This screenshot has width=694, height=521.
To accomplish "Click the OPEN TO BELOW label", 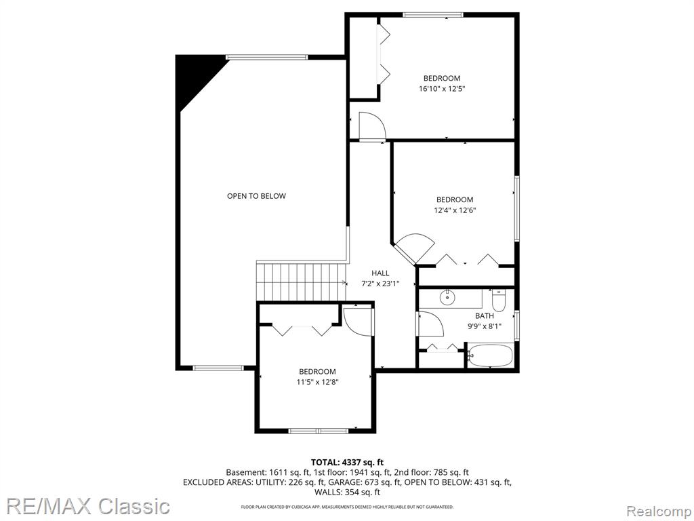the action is tap(256, 196).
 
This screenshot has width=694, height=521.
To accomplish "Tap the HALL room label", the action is tap(380, 273).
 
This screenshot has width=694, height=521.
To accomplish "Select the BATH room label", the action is tap(484, 316).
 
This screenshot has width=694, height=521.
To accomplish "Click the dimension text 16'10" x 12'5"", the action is tap(442, 89).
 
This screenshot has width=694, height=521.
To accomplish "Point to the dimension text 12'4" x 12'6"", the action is tap(455, 210).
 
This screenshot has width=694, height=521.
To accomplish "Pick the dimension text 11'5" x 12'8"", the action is tap(317, 382).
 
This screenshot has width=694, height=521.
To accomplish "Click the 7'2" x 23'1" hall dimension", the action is tap(380, 284).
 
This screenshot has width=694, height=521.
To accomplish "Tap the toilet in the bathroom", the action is tap(499, 301).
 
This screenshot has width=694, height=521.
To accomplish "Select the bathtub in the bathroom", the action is tap(491, 355).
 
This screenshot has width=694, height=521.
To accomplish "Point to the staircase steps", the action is tap(301, 282).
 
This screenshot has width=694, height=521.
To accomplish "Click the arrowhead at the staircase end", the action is tap(344, 282).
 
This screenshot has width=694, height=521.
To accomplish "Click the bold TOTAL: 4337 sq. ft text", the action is tap(347, 463).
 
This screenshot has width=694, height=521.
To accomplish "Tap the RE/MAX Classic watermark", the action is tap(88, 505).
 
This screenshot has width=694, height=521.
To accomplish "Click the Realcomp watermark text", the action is tap(659, 512).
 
